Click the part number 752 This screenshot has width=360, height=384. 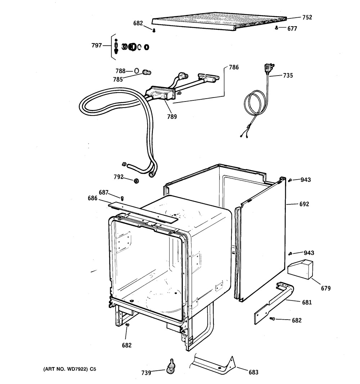(307, 17)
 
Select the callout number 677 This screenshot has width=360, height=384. (292, 29)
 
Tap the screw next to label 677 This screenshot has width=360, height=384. (276, 28)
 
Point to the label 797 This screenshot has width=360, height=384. (96, 45)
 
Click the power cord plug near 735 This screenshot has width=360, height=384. (269, 68)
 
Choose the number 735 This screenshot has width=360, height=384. (288, 76)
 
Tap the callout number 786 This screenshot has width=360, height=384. (234, 67)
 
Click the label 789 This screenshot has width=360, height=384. (172, 117)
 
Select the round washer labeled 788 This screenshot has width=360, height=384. (136, 71)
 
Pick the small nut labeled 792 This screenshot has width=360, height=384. (136, 181)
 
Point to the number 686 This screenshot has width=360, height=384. (93, 198)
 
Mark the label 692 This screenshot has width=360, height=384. (304, 204)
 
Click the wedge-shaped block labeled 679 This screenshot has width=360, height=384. (300, 269)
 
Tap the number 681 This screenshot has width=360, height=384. (307, 302)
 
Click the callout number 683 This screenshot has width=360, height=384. (253, 372)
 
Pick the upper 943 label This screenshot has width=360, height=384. (306, 180)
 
